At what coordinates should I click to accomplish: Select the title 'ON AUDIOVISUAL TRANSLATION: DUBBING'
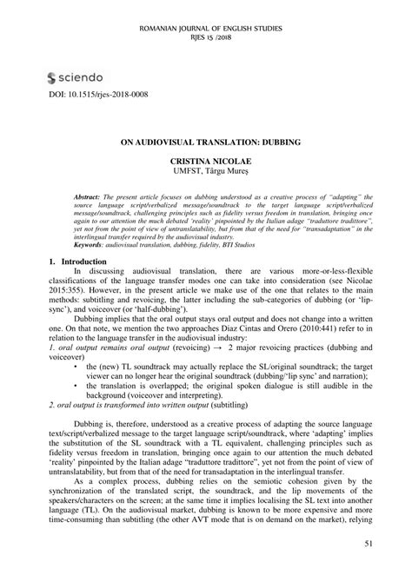(x=205, y=137)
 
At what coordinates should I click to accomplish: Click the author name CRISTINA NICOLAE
(x=205, y=162)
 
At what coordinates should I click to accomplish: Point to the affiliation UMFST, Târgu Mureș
(x=205, y=172)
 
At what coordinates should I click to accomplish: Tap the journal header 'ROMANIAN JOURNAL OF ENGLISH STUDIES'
(x=205, y=29)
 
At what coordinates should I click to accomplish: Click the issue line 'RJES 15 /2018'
(x=205, y=38)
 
